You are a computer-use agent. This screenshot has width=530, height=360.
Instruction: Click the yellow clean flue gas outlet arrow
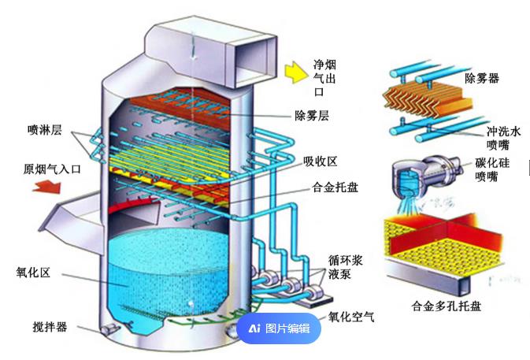point(295,72)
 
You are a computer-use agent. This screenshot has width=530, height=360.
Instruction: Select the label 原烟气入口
point(53,169)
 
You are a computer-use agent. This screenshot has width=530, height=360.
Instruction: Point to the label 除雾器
point(482,78)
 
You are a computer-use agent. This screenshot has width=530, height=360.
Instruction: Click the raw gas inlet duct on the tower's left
point(75,213)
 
